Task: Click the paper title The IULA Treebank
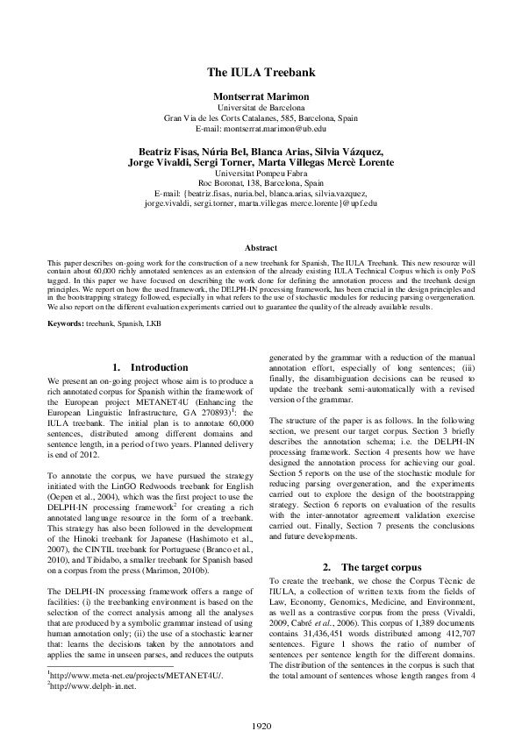(261, 73)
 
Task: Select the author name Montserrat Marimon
(261, 95)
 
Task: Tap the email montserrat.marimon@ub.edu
(261, 128)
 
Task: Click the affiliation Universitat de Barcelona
(261, 106)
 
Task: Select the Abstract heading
(261, 249)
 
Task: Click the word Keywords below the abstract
(67, 325)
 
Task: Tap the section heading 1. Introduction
(150, 367)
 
